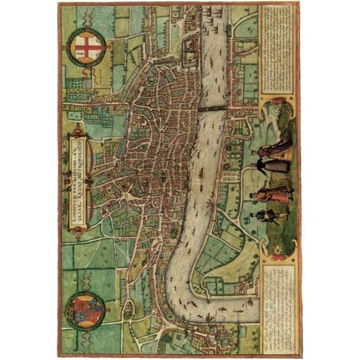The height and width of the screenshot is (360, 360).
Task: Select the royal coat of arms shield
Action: (x=85, y=311)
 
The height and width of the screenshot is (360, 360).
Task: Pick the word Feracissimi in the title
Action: (x=74, y=176)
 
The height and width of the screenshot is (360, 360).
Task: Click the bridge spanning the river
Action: (x=212, y=108)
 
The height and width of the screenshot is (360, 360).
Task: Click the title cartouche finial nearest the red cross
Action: (x=78, y=129)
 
